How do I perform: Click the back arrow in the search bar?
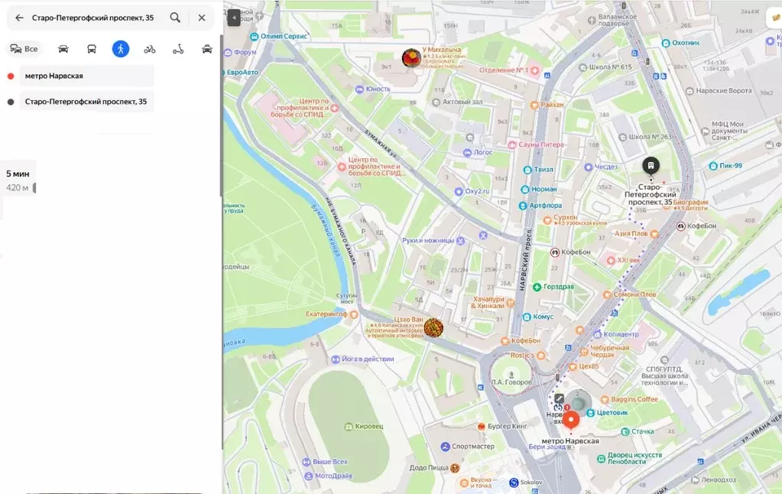pyautogui.click(x=19, y=18)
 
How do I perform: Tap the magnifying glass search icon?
pyautogui.click(x=175, y=18)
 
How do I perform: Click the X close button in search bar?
pyautogui.click(x=202, y=18)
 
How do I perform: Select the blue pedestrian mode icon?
pyautogui.click(x=120, y=49)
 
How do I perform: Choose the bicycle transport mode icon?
pyautogui.click(x=149, y=49)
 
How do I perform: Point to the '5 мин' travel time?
pyautogui.click(x=18, y=174)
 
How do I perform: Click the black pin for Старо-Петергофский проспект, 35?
pyautogui.click(x=650, y=166)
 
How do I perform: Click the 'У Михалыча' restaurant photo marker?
pyautogui.click(x=412, y=58)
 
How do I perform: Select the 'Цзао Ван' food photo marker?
pyautogui.click(x=433, y=328)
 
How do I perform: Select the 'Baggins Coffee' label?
pyautogui.click(x=634, y=399)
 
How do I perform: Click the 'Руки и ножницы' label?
pyautogui.click(x=428, y=240)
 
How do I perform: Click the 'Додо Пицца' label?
pyautogui.click(x=428, y=468)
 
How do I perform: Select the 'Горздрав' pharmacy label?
pyautogui.click(x=559, y=287)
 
